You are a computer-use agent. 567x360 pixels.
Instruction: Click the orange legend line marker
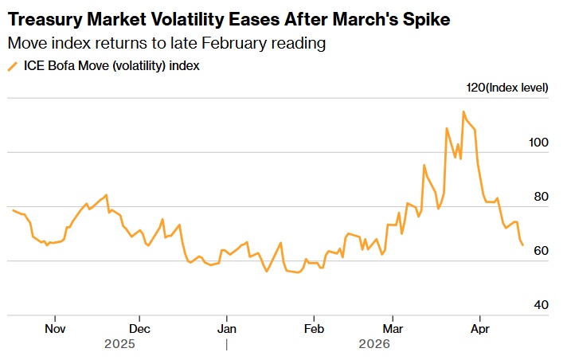coord(13,67)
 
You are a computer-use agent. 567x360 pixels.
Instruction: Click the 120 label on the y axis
coord(475,88)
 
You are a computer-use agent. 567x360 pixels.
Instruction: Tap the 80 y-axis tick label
coord(542,196)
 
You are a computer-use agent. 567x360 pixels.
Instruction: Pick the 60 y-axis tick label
coord(542,251)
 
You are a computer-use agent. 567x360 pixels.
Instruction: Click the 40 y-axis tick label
coord(542,305)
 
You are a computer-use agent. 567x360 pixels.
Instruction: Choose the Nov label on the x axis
coord(54,328)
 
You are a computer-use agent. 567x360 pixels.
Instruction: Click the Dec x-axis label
coord(139,328)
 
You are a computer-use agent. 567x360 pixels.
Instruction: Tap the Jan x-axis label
coord(227,328)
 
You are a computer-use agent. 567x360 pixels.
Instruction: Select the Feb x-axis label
coord(315,328)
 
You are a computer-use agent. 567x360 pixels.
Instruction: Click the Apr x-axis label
coord(479,328)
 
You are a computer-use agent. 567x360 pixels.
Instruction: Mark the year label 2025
coord(120,344)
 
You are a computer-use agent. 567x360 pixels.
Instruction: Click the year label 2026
coord(373,344)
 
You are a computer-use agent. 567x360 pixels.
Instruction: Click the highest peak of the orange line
coord(463,112)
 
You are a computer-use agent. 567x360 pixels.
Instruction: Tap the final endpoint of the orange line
coord(522,245)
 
